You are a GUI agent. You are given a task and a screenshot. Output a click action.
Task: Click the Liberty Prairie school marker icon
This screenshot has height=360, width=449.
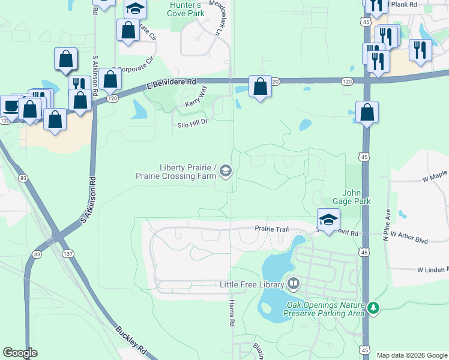tap(225, 172)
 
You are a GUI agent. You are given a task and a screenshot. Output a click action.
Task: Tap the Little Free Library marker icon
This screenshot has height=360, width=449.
tap(294, 283)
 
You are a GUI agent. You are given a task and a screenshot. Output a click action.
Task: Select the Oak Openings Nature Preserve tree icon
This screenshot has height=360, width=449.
tap(374, 308)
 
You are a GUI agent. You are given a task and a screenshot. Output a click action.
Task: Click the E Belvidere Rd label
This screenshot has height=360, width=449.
tap(171, 84)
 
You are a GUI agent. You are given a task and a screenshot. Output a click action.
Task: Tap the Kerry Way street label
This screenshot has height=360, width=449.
tap(196, 98)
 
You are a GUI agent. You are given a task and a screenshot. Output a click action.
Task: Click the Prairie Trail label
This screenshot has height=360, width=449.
tap(271, 229)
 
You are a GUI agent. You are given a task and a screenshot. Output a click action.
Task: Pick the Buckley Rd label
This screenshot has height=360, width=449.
tap(130, 340)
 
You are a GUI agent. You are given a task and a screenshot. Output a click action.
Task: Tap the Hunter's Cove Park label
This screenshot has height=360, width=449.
tap(184, 8)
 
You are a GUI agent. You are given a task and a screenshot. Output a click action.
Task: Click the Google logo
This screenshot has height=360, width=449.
tap(20, 353)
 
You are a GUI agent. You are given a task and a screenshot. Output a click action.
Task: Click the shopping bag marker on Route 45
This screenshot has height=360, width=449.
tap(367, 112)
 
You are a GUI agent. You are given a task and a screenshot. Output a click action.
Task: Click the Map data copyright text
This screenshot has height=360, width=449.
tap(412, 355)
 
